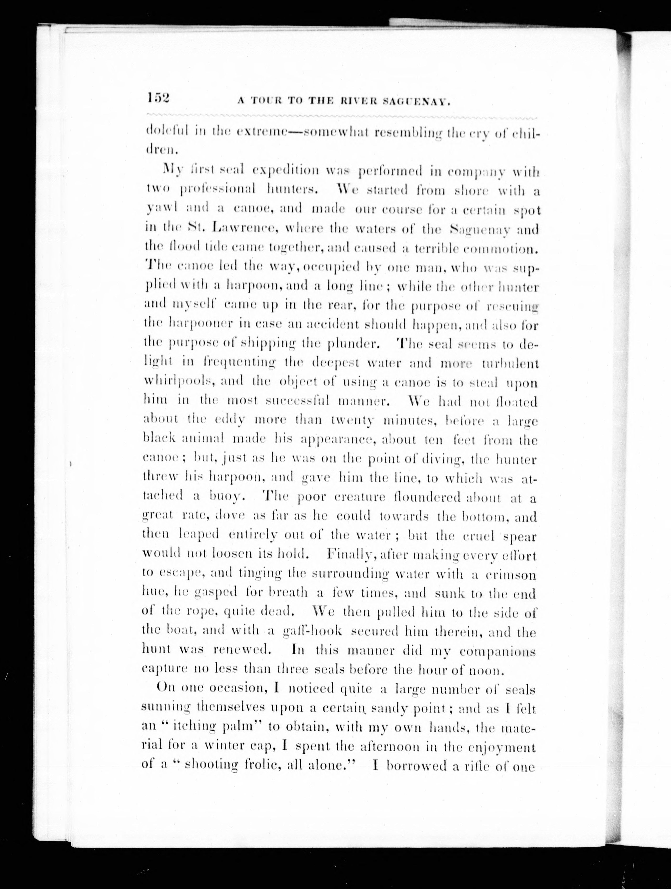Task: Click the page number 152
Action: click(159, 99)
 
